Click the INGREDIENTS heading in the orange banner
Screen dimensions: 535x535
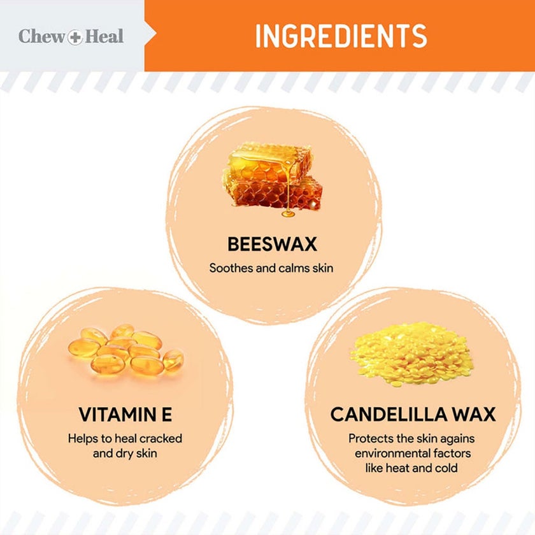341,36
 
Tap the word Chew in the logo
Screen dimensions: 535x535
41,36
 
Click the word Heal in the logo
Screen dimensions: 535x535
104,36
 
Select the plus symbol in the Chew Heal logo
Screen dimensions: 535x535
75,37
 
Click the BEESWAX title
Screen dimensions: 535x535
272,245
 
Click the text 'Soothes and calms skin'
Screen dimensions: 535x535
271,268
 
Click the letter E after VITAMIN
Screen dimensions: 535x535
166,415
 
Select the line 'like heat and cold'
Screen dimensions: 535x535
411,468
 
